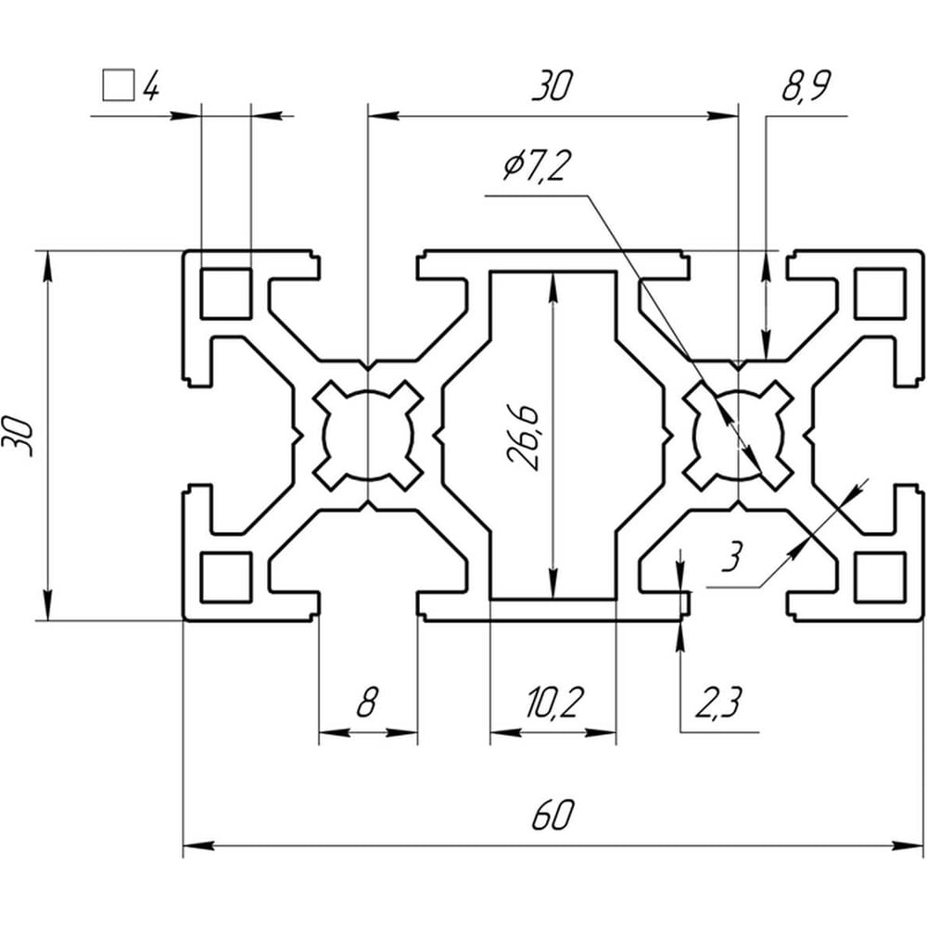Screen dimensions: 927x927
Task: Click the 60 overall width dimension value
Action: (552, 815)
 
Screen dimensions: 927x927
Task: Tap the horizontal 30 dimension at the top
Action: (552, 85)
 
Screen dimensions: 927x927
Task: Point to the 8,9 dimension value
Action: (806, 86)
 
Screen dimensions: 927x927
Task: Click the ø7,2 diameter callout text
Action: (538, 165)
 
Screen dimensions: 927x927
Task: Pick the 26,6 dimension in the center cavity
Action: (523, 438)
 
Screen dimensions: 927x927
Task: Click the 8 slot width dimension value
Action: (367, 702)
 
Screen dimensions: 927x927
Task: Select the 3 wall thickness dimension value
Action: (732, 557)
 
